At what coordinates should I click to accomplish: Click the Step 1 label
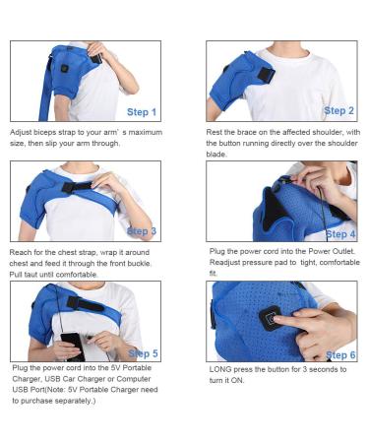[141, 112]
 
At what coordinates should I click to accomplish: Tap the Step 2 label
[338, 111]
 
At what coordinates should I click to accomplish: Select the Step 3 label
[141, 231]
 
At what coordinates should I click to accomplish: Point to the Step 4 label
[338, 234]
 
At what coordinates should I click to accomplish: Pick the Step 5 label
[143, 352]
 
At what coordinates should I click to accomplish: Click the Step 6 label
[338, 353]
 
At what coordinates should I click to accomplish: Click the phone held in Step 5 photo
[70, 344]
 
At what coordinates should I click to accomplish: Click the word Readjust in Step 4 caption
[227, 262]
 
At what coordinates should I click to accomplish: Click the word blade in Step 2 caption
[219, 153]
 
